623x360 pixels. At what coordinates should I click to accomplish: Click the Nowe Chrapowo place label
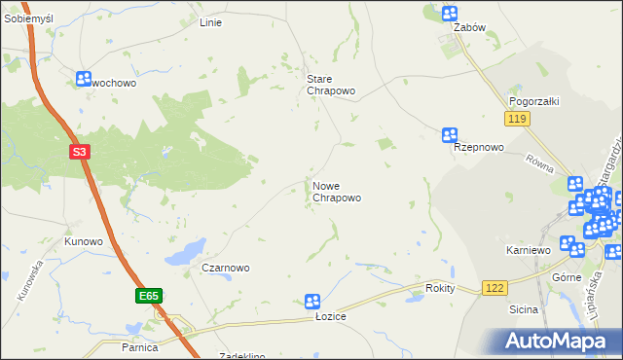pos(337,192)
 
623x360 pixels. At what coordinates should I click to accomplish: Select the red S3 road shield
pos(82,152)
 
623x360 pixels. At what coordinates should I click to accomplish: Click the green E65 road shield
pos(148,295)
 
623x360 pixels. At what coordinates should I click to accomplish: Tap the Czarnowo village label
pos(226,268)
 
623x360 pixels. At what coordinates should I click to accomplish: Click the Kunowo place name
pos(84,240)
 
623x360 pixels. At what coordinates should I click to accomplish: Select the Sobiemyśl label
pos(28,19)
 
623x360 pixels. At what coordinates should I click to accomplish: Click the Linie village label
pos(210,22)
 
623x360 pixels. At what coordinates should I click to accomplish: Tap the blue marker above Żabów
pos(449,13)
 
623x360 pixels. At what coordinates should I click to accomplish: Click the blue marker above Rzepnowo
pos(449,135)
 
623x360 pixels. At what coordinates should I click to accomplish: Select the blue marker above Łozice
pos(312,302)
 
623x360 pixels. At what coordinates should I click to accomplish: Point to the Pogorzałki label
pos(531,101)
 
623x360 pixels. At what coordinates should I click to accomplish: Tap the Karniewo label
pos(529,250)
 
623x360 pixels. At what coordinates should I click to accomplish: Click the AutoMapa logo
pos(557,340)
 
